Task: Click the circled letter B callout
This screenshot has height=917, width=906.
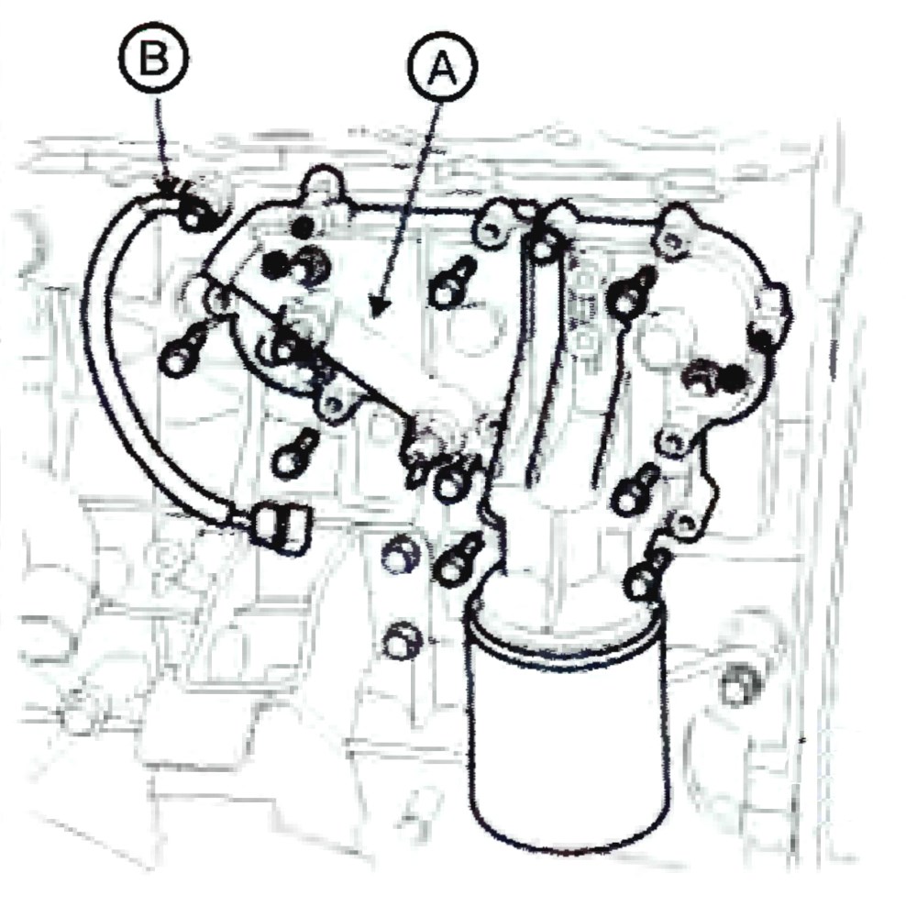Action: pos(154,59)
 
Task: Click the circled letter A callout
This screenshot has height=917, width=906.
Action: pos(442,67)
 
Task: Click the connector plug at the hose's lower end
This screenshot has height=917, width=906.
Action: pos(281,528)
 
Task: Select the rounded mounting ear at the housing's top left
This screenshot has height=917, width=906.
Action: pos(321,183)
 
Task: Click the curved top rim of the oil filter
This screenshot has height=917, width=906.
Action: pos(565,620)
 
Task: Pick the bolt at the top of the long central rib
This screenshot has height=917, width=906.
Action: pos(542,243)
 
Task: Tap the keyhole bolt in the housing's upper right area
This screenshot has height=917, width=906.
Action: pos(631,293)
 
